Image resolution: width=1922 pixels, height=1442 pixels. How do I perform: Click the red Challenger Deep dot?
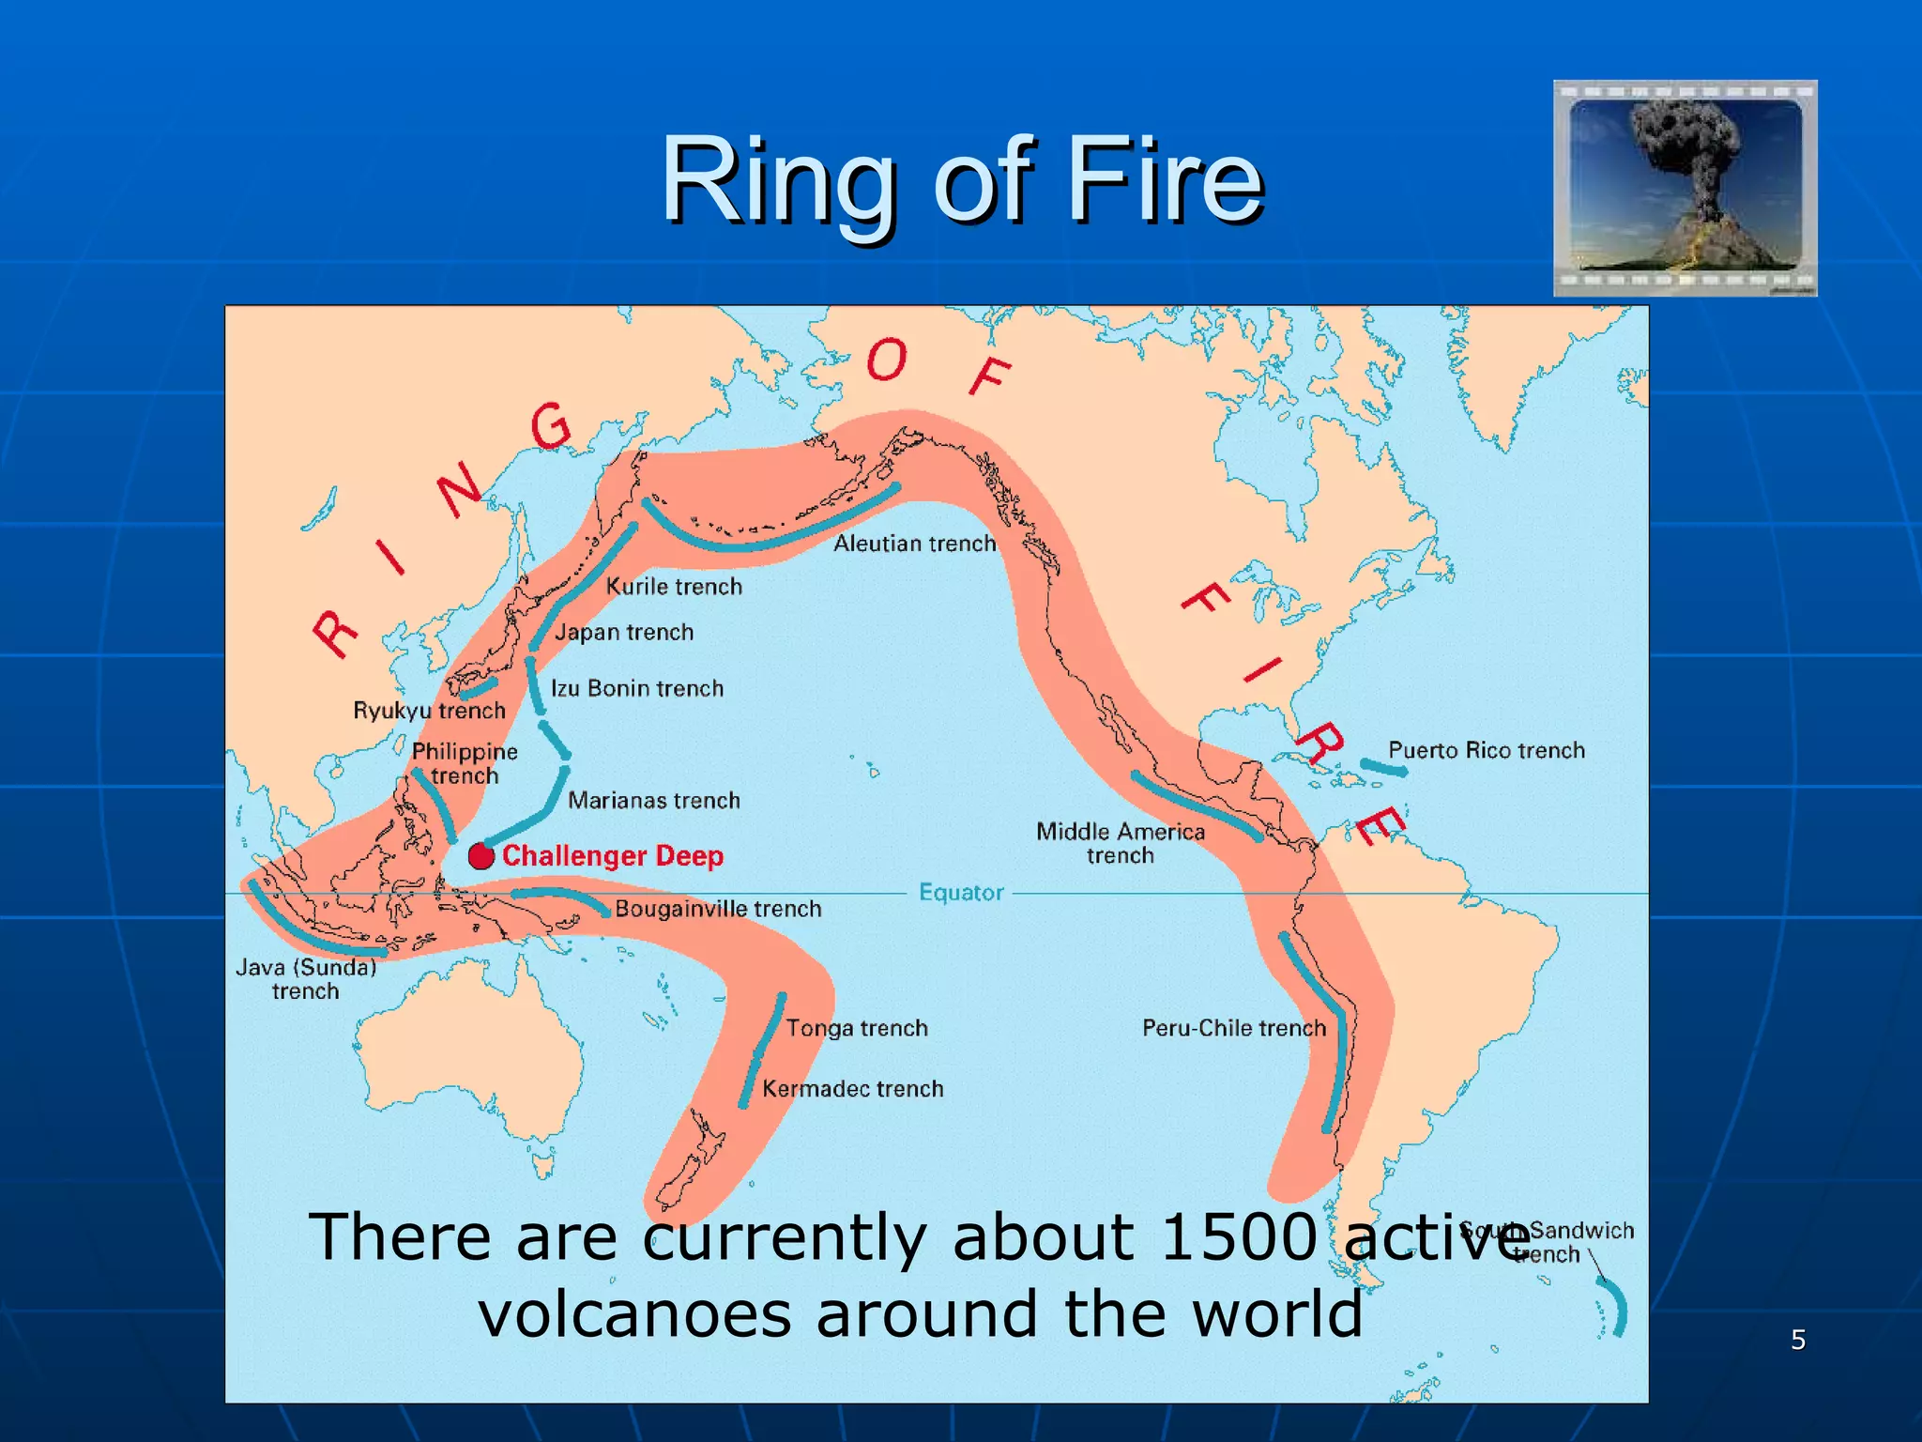(x=481, y=856)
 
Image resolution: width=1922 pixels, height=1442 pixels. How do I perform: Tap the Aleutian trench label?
(x=914, y=544)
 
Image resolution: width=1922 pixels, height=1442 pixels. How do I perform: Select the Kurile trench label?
(x=674, y=587)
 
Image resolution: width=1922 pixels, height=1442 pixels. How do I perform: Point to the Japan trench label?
(x=624, y=633)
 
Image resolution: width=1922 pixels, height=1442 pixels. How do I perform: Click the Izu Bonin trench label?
(x=637, y=689)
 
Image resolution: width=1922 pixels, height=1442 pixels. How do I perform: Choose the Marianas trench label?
(x=654, y=801)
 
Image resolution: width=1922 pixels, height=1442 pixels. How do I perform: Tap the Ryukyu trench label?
(x=429, y=711)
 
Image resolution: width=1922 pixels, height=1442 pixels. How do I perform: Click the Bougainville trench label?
(x=718, y=909)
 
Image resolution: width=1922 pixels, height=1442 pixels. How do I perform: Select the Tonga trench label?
(x=857, y=1028)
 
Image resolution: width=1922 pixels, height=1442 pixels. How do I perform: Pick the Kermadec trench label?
(x=852, y=1089)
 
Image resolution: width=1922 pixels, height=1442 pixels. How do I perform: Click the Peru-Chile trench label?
(x=1234, y=1028)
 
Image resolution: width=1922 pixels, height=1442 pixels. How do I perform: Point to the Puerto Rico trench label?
(x=1487, y=750)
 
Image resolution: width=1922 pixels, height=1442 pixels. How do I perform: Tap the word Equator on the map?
(x=961, y=893)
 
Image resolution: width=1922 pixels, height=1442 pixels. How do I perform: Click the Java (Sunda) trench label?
(x=306, y=979)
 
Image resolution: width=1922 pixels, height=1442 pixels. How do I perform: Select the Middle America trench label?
(x=1121, y=843)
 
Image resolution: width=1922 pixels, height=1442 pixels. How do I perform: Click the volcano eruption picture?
(x=1685, y=188)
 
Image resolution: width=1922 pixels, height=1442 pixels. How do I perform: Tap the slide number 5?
(x=1798, y=1340)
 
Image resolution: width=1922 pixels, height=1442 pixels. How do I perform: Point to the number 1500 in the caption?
(x=1239, y=1236)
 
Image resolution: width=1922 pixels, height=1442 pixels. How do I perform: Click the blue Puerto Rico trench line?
(x=1384, y=767)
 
